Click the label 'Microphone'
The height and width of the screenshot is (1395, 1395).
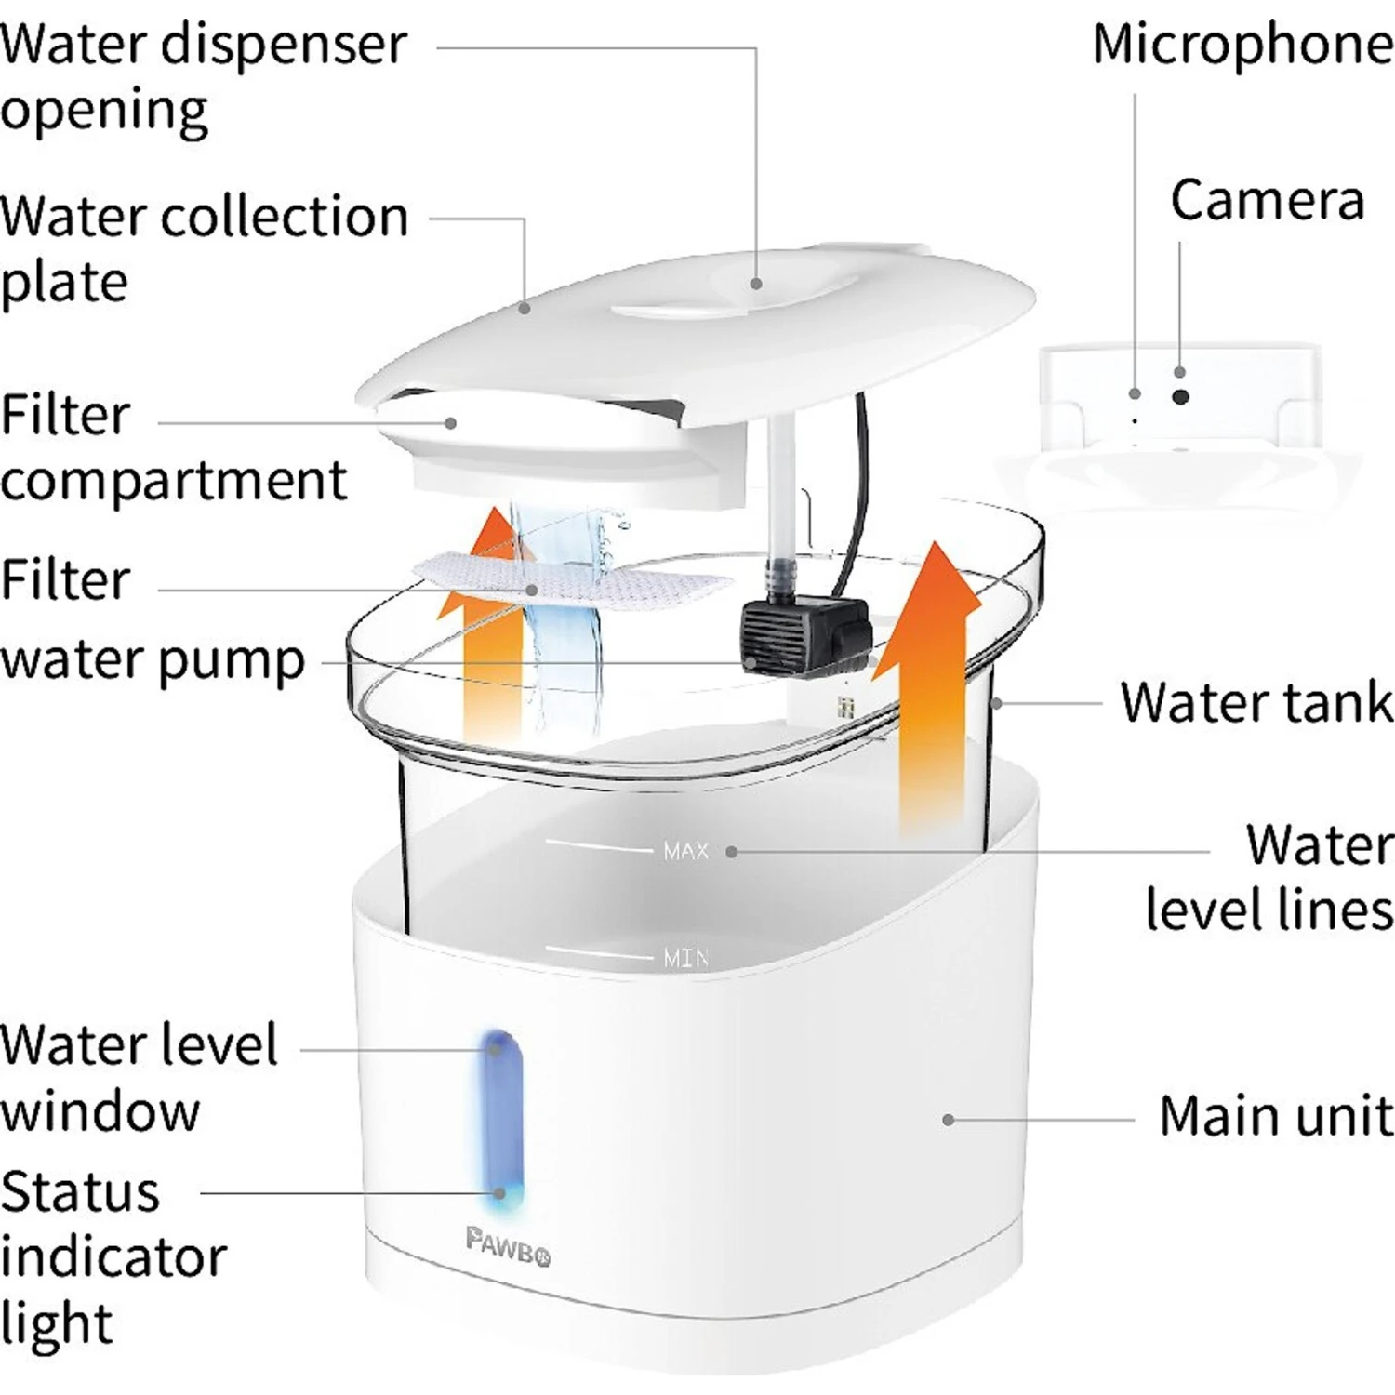[x=1242, y=45]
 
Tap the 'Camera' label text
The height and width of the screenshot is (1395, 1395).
[x=1267, y=200]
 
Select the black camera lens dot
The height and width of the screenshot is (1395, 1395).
[x=1180, y=397]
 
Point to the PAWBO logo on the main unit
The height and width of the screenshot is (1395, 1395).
[x=507, y=1246]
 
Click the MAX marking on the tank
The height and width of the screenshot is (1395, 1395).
[x=685, y=851]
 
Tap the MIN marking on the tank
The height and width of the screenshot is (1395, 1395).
[x=685, y=957]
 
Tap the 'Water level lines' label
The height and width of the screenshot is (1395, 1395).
[x=1270, y=876]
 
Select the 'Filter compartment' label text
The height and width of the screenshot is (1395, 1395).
[x=173, y=447]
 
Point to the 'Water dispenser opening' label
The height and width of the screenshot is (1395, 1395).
[x=203, y=76]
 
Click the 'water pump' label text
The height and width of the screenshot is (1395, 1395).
[x=153, y=660]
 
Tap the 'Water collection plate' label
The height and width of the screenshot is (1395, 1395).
[x=203, y=248]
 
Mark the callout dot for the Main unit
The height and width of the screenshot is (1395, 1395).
[x=948, y=1120]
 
